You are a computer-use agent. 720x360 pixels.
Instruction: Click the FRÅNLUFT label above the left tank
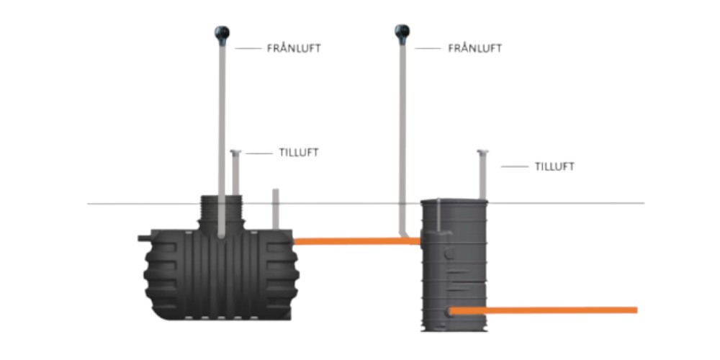coord(294,49)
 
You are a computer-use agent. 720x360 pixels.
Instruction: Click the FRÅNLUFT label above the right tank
coord(474,49)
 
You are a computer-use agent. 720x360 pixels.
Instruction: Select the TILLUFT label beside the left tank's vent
coord(298,153)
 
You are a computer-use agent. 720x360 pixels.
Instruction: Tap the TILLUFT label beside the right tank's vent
coord(554,166)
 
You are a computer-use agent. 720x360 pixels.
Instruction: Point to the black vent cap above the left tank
coord(222,32)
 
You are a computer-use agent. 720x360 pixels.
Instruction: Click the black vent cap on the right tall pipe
coord(402,32)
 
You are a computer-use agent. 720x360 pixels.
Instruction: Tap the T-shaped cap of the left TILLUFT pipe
coord(235,152)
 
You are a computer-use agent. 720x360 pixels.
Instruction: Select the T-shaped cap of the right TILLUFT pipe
coord(482,152)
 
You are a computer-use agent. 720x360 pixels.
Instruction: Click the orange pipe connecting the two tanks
coord(356,241)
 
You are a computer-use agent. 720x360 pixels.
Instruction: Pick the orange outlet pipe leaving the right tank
coord(547,310)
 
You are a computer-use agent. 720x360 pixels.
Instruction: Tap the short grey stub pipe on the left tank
coord(275,209)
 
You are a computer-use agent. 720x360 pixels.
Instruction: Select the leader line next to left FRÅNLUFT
coord(248,49)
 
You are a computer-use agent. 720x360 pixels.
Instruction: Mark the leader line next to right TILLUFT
coord(515,166)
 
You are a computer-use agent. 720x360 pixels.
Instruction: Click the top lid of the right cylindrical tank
coord(454,202)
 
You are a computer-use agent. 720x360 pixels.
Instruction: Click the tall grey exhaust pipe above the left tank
coord(222,130)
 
